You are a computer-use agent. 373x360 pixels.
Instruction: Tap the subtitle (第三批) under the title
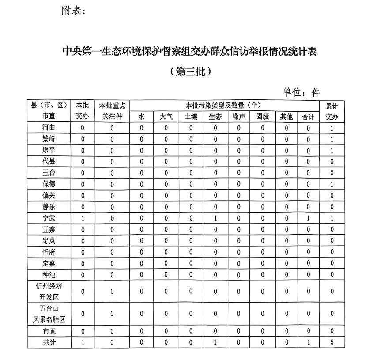187,71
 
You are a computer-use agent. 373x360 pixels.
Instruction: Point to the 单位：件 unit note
301,92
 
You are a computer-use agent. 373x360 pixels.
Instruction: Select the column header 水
141,117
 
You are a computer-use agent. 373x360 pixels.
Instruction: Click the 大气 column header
166,117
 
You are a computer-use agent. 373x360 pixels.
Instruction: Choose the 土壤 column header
191,117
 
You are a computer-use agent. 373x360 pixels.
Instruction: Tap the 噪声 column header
238,117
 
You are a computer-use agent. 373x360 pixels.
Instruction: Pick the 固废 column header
263,117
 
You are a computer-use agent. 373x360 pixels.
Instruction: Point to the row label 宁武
49,218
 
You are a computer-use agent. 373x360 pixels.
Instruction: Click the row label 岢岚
49,240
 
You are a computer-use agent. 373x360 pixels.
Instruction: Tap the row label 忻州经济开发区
49,291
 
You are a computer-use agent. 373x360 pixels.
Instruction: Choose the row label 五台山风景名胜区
49,314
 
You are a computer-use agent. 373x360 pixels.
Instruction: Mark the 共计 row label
49,342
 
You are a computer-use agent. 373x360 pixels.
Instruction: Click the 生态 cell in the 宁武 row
215,218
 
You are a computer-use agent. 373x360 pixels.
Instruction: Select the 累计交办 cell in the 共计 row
332,342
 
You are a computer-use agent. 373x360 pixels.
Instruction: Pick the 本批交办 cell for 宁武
83,218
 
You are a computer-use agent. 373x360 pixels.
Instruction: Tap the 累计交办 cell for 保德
332,184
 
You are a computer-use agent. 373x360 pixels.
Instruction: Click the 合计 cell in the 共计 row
308,342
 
